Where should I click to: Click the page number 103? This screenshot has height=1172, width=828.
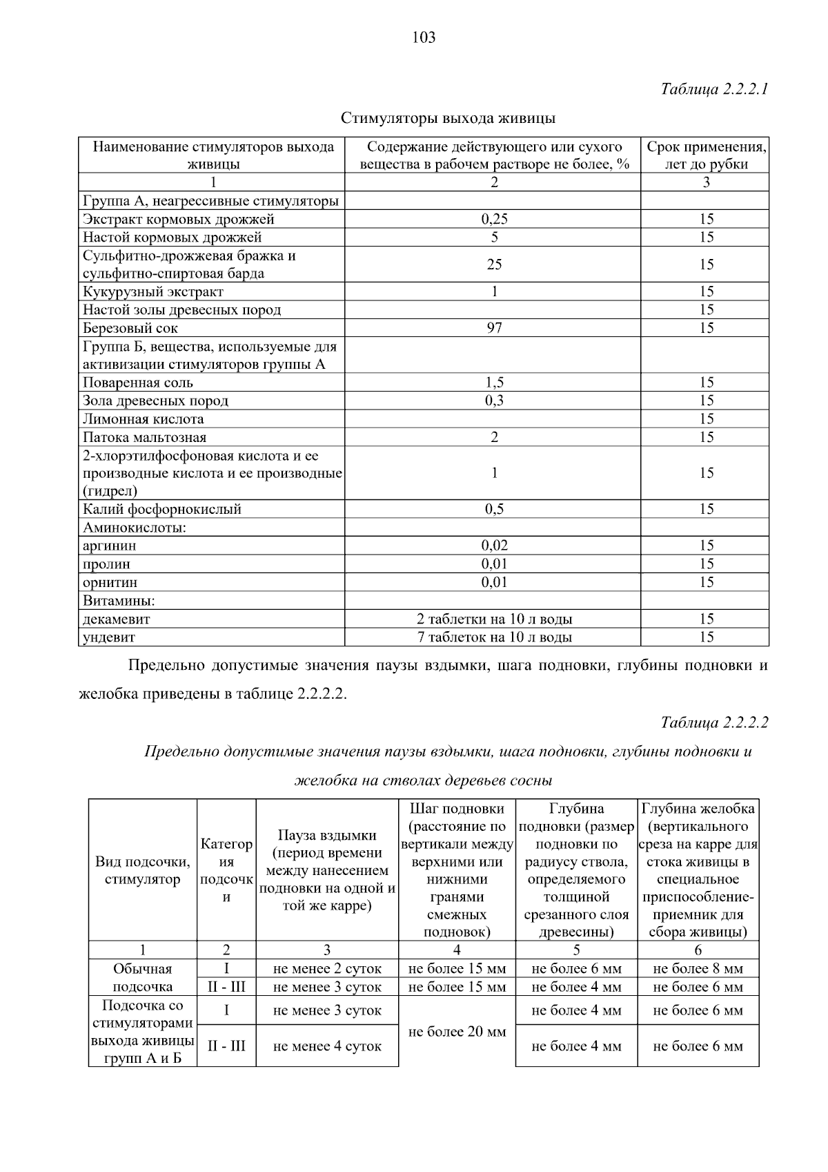coord(424,37)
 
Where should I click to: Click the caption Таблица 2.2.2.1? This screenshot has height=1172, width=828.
coord(714,89)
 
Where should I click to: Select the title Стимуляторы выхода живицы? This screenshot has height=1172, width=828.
coord(448,118)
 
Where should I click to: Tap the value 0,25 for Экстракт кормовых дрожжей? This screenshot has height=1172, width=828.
coord(494,220)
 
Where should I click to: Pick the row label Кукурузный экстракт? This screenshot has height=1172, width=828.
coord(153,291)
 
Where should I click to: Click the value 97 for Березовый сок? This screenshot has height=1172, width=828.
coord(494,328)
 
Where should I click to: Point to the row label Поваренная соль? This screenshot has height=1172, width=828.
coord(138,383)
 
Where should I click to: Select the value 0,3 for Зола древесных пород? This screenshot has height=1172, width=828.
coord(494,401)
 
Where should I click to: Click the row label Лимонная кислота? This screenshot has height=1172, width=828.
coord(144,419)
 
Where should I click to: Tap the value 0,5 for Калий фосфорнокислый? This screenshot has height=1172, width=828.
coord(494,509)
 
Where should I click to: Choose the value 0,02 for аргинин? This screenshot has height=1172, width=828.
coord(494,546)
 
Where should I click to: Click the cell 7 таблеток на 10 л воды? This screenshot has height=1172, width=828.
coord(494,637)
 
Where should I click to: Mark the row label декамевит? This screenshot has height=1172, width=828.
coord(117,619)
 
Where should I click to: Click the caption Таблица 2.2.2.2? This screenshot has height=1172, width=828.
coord(714,722)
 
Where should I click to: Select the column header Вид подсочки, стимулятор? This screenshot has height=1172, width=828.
coord(143,870)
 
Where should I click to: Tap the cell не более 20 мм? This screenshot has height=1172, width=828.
coord(457,1032)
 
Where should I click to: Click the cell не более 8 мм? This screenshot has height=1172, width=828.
coord(698,969)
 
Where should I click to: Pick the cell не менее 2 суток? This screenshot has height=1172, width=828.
coord(327,969)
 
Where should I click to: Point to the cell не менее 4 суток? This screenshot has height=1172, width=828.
coord(327,1046)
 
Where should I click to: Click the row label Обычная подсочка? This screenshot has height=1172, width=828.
coord(143,977)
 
